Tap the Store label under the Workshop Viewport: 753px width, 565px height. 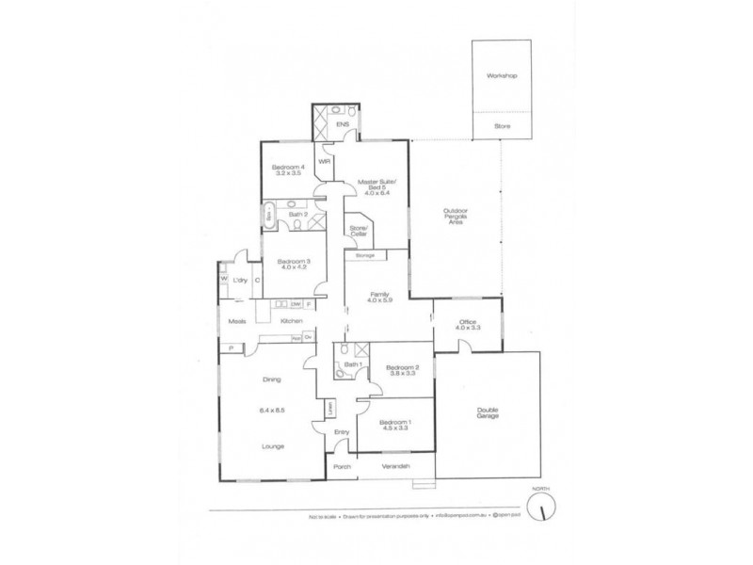coord(503,125)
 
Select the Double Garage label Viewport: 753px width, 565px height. coord(487,412)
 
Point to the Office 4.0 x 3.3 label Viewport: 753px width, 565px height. coord(468,326)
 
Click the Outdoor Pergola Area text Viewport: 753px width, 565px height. coord(456,217)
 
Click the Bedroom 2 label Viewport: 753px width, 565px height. coord(399,369)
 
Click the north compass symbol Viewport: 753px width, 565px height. coord(540,508)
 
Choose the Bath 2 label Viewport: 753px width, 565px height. coord(297,215)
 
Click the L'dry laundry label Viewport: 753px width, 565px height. coord(241,281)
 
